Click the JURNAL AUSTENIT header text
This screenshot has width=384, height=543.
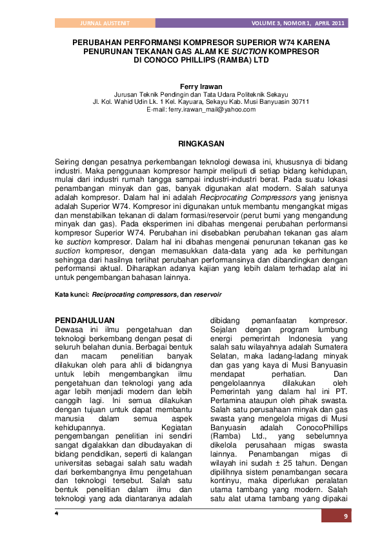click(105, 23)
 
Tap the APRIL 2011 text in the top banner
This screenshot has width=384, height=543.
click(330, 23)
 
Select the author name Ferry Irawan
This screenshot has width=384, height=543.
click(201, 86)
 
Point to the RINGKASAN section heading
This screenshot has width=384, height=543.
click(201, 143)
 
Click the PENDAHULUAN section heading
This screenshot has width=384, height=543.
click(85, 320)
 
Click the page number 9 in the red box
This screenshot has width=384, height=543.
click(345, 516)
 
